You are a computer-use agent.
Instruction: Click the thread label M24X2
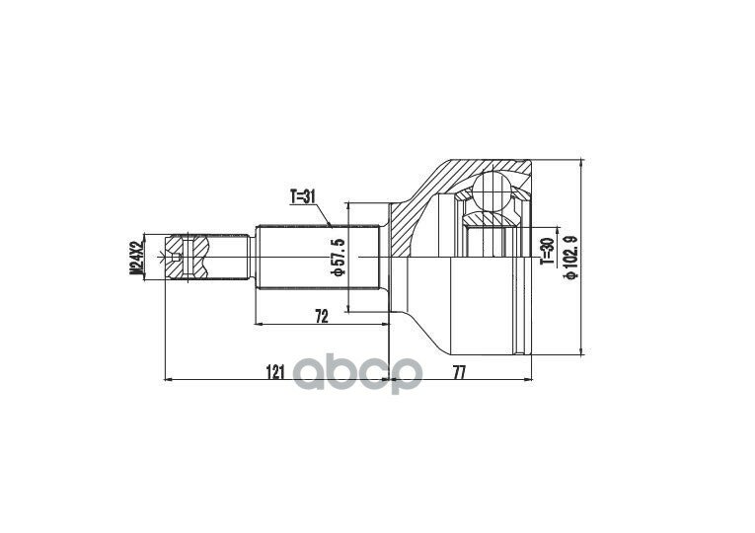click(x=137, y=258)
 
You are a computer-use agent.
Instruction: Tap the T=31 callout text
click(x=302, y=197)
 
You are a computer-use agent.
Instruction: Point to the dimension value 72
click(x=322, y=316)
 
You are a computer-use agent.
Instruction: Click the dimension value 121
click(x=275, y=372)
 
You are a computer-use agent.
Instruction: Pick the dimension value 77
click(x=460, y=372)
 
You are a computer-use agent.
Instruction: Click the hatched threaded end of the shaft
click(x=188, y=257)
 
